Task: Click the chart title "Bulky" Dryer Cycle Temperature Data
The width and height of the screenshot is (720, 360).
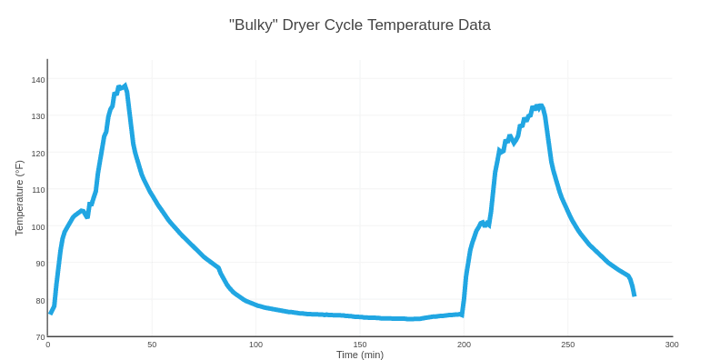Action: point(359,25)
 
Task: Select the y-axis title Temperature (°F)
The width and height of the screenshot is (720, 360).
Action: point(19,198)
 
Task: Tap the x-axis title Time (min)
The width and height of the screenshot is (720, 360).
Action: point(359,355)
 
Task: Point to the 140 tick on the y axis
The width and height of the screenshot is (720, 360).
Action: point(38,80)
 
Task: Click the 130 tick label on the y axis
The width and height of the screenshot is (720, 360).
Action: point(38,116)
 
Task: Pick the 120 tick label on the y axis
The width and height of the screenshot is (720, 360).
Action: point(38,154)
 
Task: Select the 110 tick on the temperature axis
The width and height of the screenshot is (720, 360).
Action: point(38,190)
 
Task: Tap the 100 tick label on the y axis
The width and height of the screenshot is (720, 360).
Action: point(38,227)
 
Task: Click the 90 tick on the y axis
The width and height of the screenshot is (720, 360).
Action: point(40,264)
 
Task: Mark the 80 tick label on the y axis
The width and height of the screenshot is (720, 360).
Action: point(40,301)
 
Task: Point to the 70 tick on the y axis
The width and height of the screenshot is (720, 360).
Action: point(40,337)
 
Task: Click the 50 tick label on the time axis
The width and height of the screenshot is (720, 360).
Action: point(152,345)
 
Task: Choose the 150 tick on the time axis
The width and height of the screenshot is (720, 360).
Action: point(360,345)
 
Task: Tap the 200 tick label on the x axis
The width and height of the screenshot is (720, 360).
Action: point(464,345)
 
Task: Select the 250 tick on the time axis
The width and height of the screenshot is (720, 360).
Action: point(568,345)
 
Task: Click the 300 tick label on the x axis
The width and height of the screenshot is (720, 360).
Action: point(672,345)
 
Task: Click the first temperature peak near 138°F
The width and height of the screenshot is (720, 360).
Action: point(125,86)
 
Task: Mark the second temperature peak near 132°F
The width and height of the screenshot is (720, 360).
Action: point(541,106)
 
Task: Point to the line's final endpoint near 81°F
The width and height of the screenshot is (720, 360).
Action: point(634,295)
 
